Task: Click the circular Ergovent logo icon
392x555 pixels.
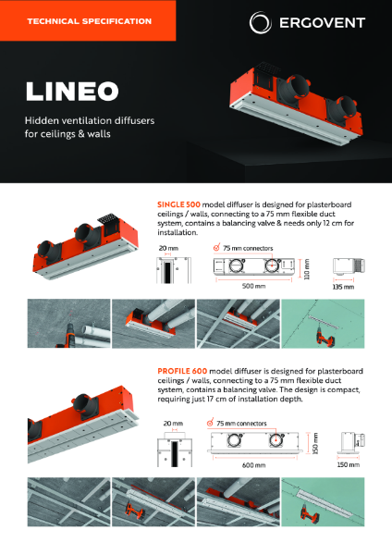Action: pyautogui.click(x=262, y=21)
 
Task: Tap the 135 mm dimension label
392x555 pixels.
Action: pyautogui.click(x=343, y=288)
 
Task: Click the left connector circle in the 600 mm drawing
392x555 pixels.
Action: pyautogui.click(x=227, y=440)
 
